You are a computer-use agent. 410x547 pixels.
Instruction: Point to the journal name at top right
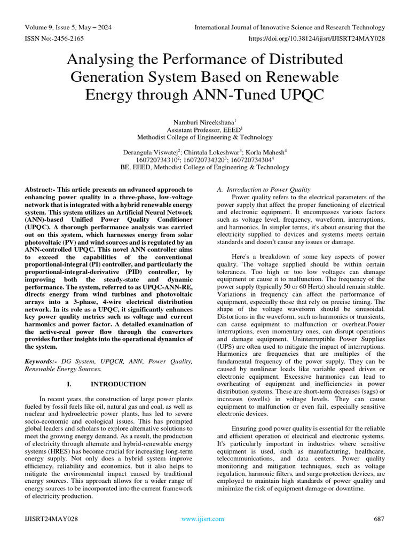point(289,27)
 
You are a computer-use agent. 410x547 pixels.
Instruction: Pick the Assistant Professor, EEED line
point(204,129)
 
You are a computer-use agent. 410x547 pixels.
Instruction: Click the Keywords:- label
point(42,362)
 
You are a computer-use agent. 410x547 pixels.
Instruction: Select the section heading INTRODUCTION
point(118,384)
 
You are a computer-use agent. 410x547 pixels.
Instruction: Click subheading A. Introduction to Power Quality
point(263,190)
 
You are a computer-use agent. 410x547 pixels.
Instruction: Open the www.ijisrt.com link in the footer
point(203,519)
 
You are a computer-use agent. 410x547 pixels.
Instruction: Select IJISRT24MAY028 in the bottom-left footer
point(51,519)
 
